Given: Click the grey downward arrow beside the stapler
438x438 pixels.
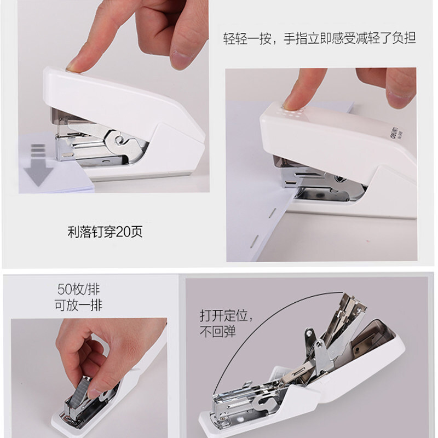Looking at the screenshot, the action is (38, 165).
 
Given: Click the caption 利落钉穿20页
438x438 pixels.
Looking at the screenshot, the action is (105, 232).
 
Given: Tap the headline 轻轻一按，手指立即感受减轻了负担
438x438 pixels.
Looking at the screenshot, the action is (320, 38).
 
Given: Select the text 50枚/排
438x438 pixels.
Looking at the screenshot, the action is (78, 289).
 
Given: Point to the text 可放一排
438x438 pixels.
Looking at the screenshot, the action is (78, 305).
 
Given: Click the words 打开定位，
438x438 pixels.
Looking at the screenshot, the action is (226, 316).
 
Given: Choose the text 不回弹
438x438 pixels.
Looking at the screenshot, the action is (217, 332).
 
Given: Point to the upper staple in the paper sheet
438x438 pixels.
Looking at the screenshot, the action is (273, 212).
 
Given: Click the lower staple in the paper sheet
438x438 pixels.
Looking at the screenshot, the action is (255, 241).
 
